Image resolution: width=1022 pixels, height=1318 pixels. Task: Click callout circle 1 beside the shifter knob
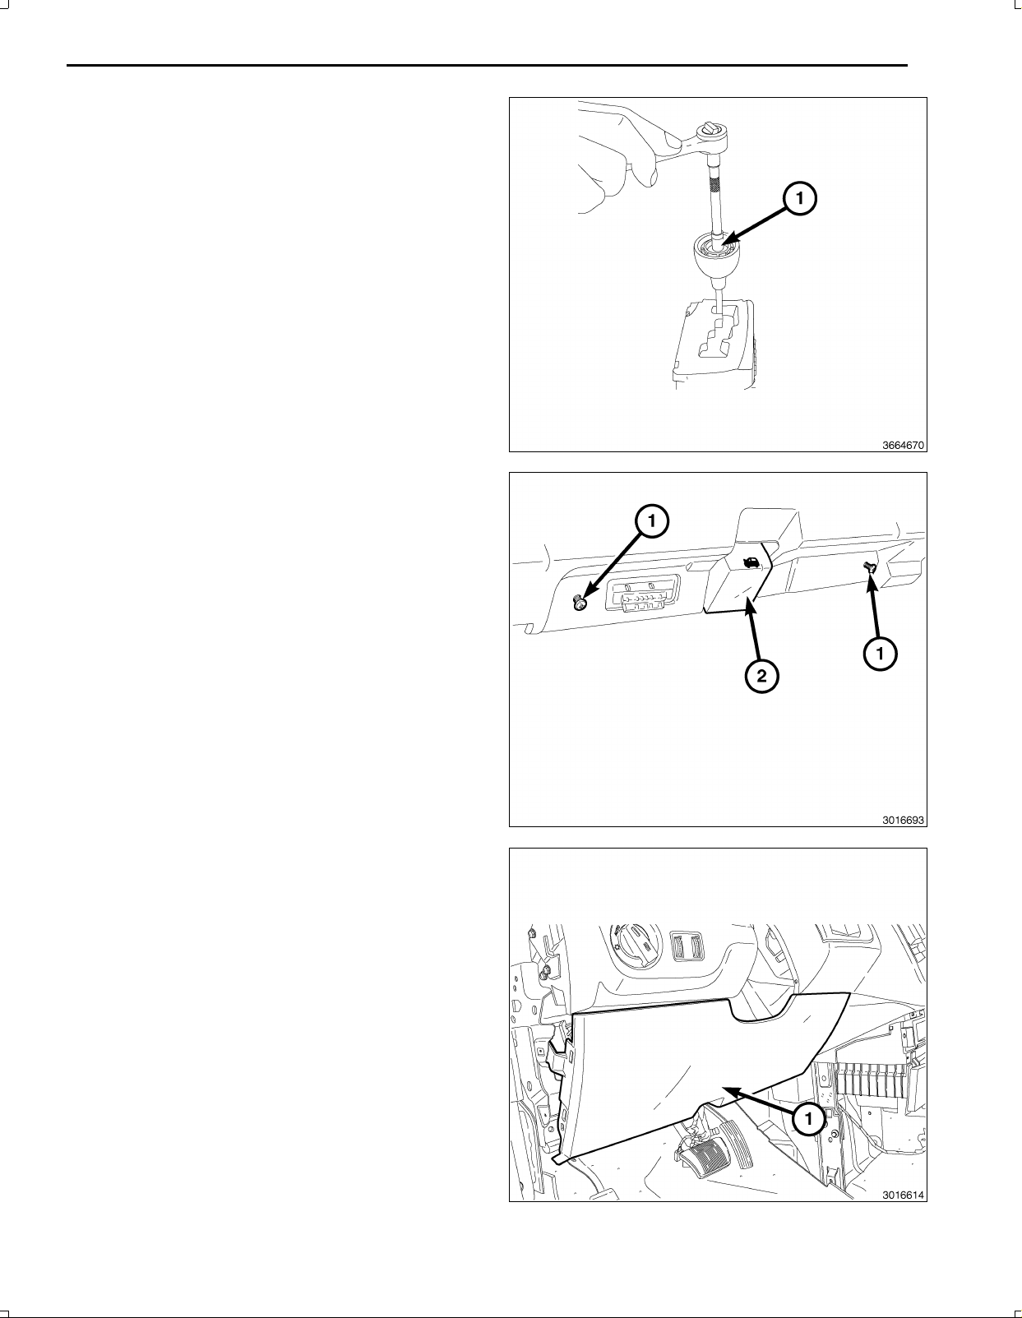799,198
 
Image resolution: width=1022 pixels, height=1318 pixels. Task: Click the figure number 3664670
903,445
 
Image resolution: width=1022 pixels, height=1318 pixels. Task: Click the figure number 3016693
903,820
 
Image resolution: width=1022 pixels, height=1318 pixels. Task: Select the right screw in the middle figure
868,567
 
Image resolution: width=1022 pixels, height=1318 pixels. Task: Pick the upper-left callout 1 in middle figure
651,520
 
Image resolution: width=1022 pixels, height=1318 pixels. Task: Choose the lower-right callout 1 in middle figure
880,653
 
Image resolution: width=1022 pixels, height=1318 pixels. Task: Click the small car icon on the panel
751,563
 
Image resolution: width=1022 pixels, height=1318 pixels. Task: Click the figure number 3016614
903,1195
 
